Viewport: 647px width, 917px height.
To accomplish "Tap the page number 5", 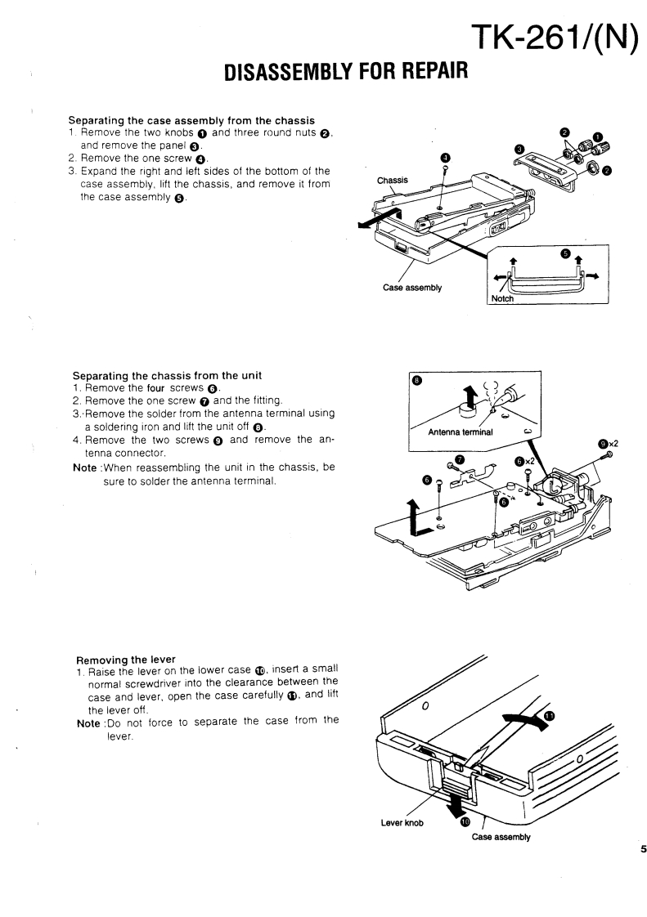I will click(643, 849).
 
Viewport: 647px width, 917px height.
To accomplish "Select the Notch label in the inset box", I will click(502, 299).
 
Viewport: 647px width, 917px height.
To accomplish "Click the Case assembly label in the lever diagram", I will click(501, 837).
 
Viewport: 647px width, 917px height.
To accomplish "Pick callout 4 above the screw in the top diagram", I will click(445, 158).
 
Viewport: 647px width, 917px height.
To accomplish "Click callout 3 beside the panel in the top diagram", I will click(519, 149).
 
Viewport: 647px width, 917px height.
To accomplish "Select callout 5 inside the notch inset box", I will click(566, 253).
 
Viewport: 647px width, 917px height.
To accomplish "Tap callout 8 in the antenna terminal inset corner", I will click(417, 380).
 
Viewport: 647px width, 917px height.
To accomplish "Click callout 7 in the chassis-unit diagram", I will click(459, 459).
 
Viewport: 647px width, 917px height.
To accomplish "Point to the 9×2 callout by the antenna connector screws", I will click(608, 444).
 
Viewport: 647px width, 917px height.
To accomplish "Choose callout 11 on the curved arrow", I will click(549, 715).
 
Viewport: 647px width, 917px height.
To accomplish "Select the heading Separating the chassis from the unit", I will click(161, 376).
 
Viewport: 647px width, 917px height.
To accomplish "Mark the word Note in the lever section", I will click(88, 720).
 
